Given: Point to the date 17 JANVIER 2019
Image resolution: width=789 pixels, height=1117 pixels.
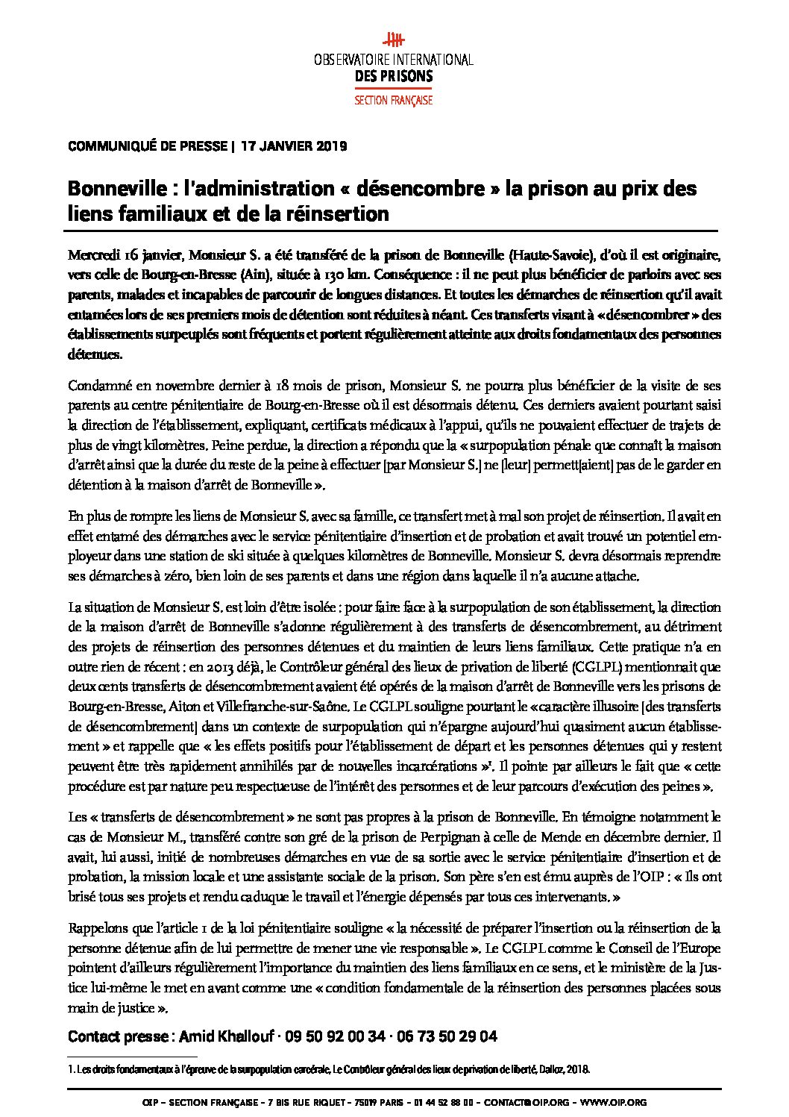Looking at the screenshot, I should point(295,146).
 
